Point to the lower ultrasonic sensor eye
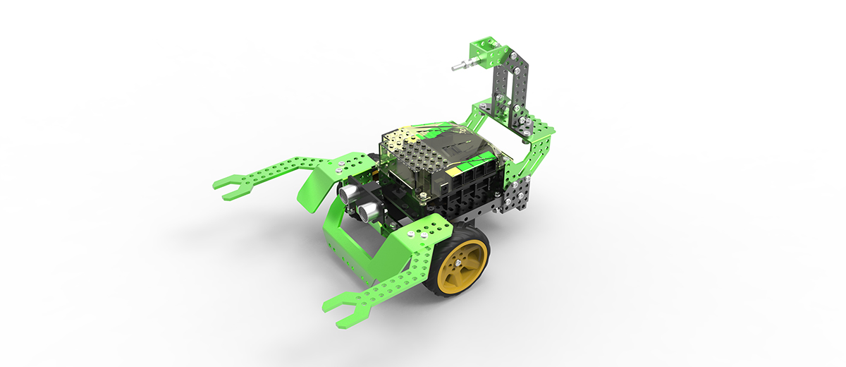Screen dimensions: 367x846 368,210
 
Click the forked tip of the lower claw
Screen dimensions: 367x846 341,311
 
